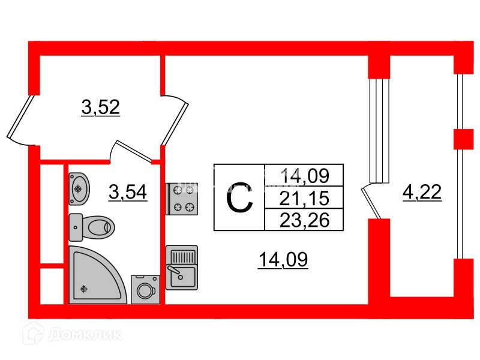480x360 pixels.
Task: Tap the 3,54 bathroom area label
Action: pyautogui.click(x=128, y=193)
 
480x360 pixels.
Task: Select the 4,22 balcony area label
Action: pyautogui.click(x=421, y=193)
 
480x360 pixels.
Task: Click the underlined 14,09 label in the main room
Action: pyautogui.click(x=283, y=260)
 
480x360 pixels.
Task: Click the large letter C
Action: pyautogui.click(x=239, y=199)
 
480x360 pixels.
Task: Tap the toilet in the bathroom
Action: pyautogui.click(x=91, y=227)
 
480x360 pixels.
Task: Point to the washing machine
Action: pyautogui.click(x=146, y=290)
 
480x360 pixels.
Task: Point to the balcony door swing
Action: pyautogui.click(x=372, y=202)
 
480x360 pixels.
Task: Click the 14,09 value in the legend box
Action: pyautogui.click(x=305, y=176)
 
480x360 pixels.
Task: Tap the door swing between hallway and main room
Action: pyautogui.click(x=176, y=118)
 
